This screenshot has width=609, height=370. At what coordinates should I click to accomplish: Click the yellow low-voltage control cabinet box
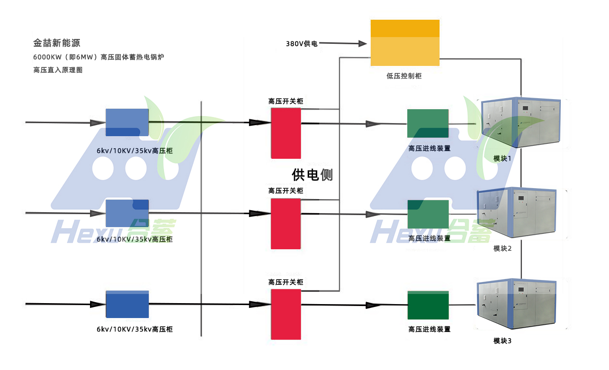tap(404, 42)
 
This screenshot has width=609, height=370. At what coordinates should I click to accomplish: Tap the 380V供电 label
tap(302, 44)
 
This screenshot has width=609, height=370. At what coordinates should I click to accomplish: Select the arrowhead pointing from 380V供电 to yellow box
tap(363, 44)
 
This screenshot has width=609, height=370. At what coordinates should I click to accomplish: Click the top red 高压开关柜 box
tap(286, 133)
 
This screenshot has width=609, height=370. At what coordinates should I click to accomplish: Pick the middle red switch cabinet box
tap(286, 224)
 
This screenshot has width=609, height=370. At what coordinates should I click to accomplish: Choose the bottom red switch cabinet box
tap(286, 314)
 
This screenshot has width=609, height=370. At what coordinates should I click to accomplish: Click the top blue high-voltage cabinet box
tap(127, 122)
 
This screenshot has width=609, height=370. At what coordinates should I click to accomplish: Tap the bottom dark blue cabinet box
tap(127, 305)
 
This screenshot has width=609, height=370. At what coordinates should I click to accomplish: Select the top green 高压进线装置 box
tap(428, 124)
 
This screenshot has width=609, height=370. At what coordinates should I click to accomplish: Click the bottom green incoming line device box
tap(428, 305)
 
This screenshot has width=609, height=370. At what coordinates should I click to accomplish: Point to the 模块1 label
tap(503, 158)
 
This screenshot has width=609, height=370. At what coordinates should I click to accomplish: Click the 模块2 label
tap(503, 248)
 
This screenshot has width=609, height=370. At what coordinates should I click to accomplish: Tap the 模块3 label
tap(503, 341)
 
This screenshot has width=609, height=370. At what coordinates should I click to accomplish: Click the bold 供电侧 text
tap(312, 175)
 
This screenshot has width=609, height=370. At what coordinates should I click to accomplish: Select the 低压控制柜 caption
tap(404, 76)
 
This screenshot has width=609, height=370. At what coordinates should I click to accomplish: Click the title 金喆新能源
tap(56, 43)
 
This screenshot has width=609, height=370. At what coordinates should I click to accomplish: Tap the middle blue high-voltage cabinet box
tap(127, 213)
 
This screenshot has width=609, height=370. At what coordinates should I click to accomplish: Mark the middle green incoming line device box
tap(428, 214)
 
